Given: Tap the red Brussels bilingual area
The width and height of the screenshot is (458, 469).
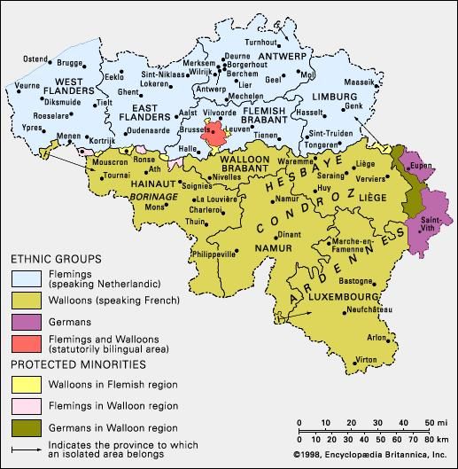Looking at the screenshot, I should pyautogui.click(x=213, y=136).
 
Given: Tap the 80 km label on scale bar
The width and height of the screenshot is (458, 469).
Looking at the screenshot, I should pyautogui.click(x=428, y=439).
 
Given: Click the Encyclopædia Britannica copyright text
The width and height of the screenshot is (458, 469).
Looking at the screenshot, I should pyautogui.click(x=372, y=455).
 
